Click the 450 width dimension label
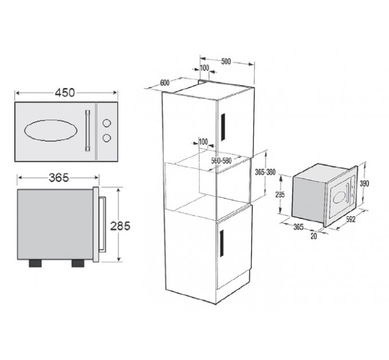tap(65, 93)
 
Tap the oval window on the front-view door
tap(50, 130)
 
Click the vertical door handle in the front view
tap(88, 130)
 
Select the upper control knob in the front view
tap(106, 123)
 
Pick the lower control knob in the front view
tap(106, 138)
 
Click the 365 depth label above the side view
tap(59, 177)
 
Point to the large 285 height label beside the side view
tap(120, 226)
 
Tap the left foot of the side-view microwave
tap(35, 263)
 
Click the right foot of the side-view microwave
tap(78, 263)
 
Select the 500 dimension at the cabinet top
tap(226, 61)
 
